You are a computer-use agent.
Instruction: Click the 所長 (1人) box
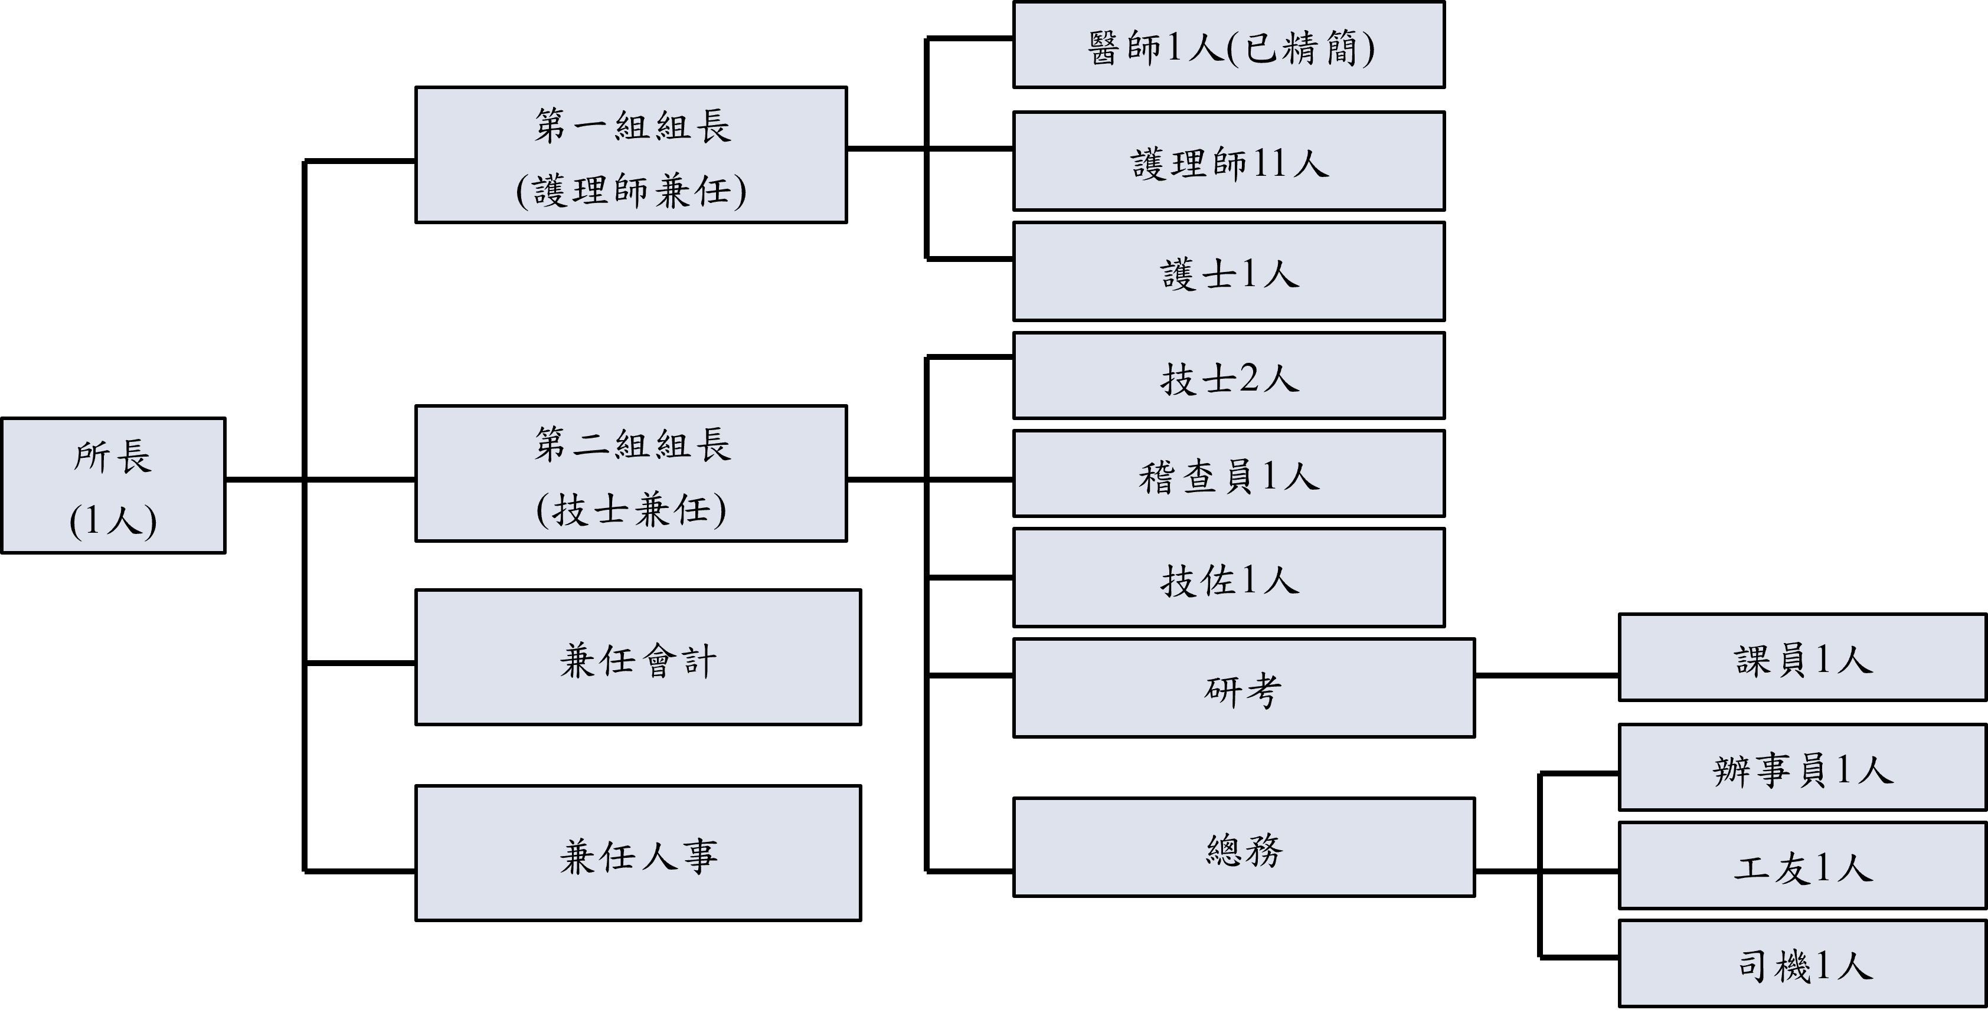pyautogui.click(x=113, y=486)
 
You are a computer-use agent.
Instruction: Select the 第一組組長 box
pyautogui.click(x=630, y=155)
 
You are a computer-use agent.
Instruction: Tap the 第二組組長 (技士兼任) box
pyautogui.click(x=630, y=473)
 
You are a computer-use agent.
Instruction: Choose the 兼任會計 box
pyautogui.click(x=637, y=657)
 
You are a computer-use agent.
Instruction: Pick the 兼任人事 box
pyautogui.click(x=637, y=853)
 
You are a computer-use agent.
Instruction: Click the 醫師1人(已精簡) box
pyautogui.click(x=1228, y=45)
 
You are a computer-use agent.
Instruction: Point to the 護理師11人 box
pyautogui.click(x=1228, y=161)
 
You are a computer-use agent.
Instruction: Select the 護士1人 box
pyautogui.click(x=1228, y=271)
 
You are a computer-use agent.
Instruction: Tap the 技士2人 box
pyautogui.click(x=1228, y=376)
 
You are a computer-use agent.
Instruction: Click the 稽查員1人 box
pyautogui.click(x=1228, y=474)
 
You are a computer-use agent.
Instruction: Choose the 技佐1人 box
pyautogui.click(x=1228, y=578)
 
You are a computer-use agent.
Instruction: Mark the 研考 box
pyautogui.click(x=1243, y=688)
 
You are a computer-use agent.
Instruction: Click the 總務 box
pyautogui.click(x=1243, y=847)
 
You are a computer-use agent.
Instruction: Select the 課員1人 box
pyautogui.click(x=1802, y=658)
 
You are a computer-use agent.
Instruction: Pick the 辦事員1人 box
pyautogui.click(x=1802, y=768)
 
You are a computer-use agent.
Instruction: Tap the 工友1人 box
pyautogui.click(x=1802, y=866)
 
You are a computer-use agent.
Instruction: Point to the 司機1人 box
pyautogui.click(x=1802, y=963)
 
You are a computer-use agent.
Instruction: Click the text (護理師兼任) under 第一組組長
pyautogui.click(x=630, y=191)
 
